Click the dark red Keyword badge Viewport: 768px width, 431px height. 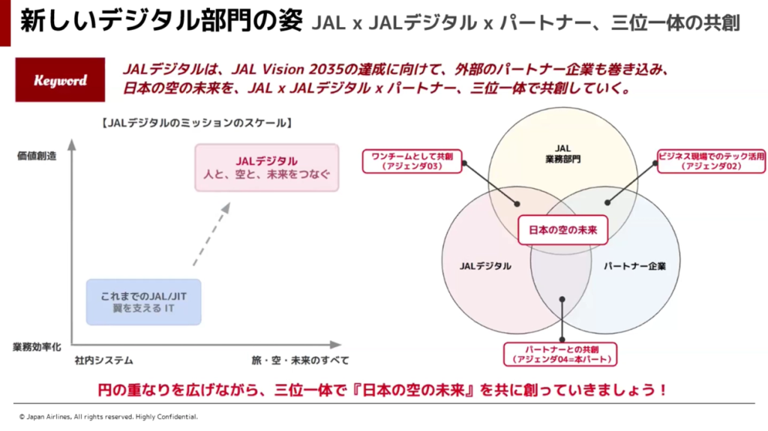(x=60, y=80)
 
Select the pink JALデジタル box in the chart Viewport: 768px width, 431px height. (x=266, y=167)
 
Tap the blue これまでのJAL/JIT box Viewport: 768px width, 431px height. (x=143, y=302)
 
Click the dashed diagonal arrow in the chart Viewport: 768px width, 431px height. (x=211, y=235)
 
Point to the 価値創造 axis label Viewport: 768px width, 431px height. (x=37, y=156)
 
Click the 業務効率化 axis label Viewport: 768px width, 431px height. (x=37, y=347)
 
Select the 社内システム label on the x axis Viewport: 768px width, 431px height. (x=103, y=361)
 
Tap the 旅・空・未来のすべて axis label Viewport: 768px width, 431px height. (x=300, y=361)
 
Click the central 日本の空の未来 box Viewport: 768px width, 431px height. (x=562, y=229)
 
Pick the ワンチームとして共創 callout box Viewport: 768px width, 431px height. (x=412, y=161)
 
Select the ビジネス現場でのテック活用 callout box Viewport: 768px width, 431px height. (x=711, y=161)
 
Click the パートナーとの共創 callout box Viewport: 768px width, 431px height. (x=560, y=354)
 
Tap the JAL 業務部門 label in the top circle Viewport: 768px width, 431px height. (x=562, y=154)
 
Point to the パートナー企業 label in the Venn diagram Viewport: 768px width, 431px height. (x=634, y=266)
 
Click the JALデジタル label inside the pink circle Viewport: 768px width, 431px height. (x=485, y=266)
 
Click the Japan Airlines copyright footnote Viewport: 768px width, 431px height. (x=108, y=417)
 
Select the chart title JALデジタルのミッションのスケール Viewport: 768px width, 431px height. (x=196, y=122)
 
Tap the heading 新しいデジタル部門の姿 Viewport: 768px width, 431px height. (x=161, y=21)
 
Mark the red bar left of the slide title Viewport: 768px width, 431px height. (x=5, y=23)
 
